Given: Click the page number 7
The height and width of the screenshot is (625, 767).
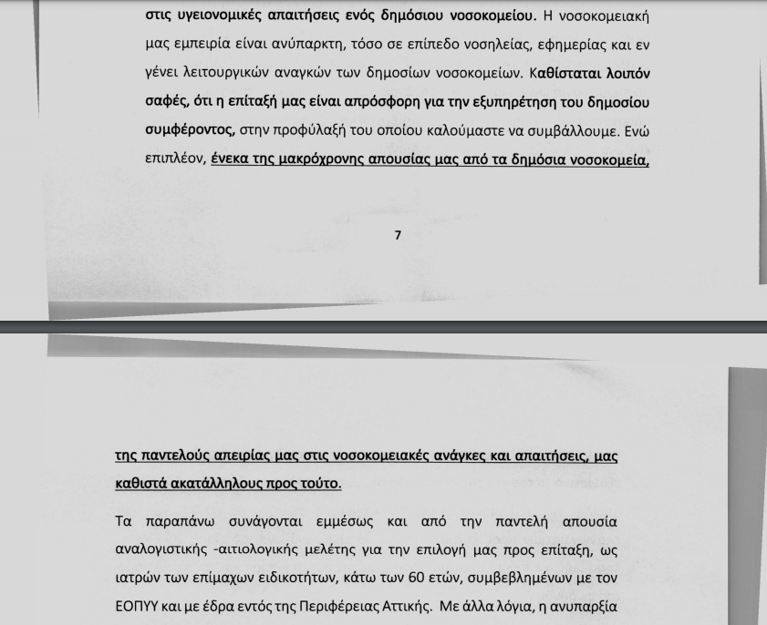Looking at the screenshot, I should pyautogui.click(x=398, y=235).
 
